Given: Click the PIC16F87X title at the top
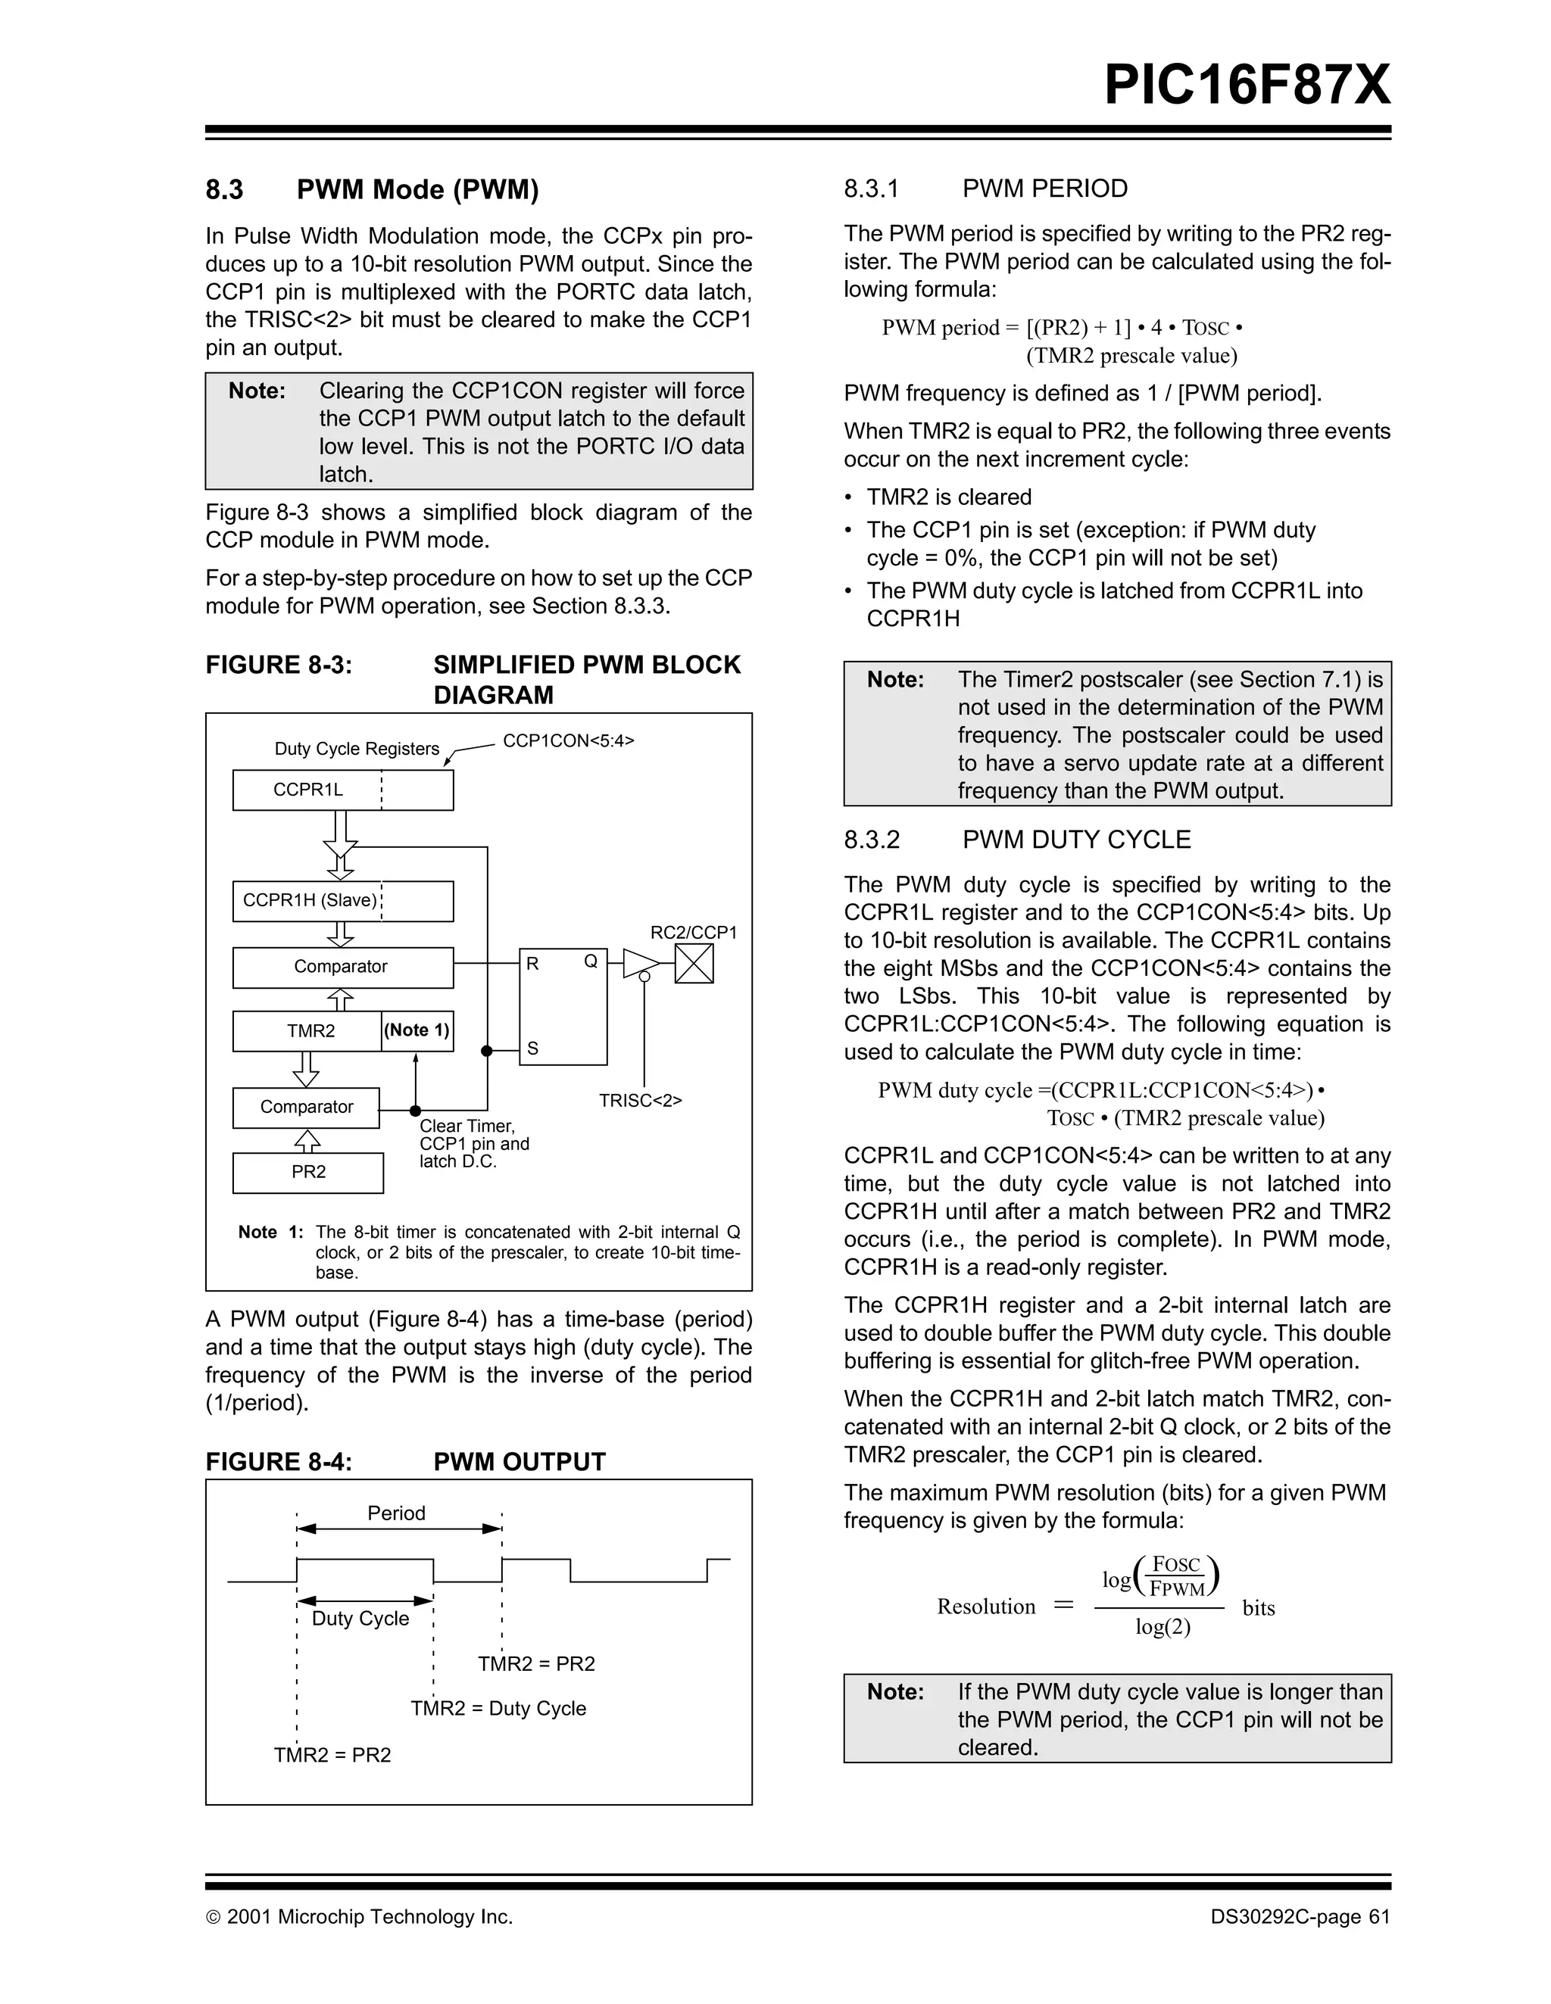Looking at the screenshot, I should click(1247, 86).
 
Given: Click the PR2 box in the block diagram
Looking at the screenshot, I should click(308, 1172).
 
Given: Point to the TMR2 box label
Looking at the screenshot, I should click(311, 1031).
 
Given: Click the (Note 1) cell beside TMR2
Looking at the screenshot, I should click(417, 1030).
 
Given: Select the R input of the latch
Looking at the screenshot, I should click(532, 965).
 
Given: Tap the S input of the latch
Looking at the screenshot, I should click(532, 1048).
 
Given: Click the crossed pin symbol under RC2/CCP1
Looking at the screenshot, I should click(694, 964).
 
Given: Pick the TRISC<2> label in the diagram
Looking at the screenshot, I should click(641, 1100).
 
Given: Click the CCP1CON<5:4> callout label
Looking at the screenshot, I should click(568, 740).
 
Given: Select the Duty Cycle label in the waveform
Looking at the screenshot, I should click(360, 1619).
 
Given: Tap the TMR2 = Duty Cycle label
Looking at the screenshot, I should click(498, 1709).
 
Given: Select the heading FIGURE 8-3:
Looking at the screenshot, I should click(278, 665).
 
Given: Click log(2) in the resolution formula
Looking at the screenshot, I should click(1162, 1627).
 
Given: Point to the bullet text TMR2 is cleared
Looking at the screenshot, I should click(949, 497).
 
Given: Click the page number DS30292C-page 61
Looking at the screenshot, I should click(1300, 1917).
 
